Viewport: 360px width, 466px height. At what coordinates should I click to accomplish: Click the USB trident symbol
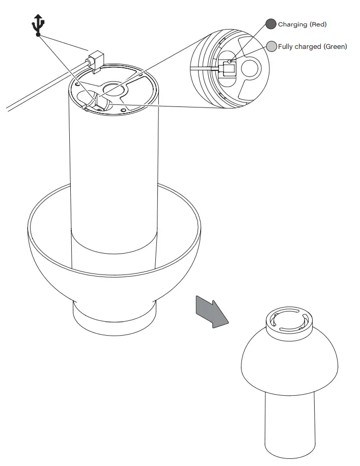pyautogui.click(x=38, y=23)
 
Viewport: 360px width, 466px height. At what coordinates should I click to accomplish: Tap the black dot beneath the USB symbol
pyautogui.click(x=38, y=35)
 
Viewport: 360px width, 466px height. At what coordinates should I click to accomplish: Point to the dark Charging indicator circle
pyautogui.click(x=271, y=24)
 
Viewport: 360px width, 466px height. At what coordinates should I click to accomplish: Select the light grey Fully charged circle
pyautogui.click(x=272, y=46)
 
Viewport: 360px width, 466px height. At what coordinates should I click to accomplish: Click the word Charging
pyautogui.click(x=292, y=24)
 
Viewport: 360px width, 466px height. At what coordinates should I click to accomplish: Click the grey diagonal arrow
pyautogui.click(x=212, y=312)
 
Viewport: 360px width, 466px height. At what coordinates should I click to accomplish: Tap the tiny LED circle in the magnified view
pyautogui.click(x=230, y=62)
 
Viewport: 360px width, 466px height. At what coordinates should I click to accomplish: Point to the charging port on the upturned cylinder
pyautogui.click(x=100, y=104)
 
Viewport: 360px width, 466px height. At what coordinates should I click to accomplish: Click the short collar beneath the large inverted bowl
pyautogui.click(x=114, y=318)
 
